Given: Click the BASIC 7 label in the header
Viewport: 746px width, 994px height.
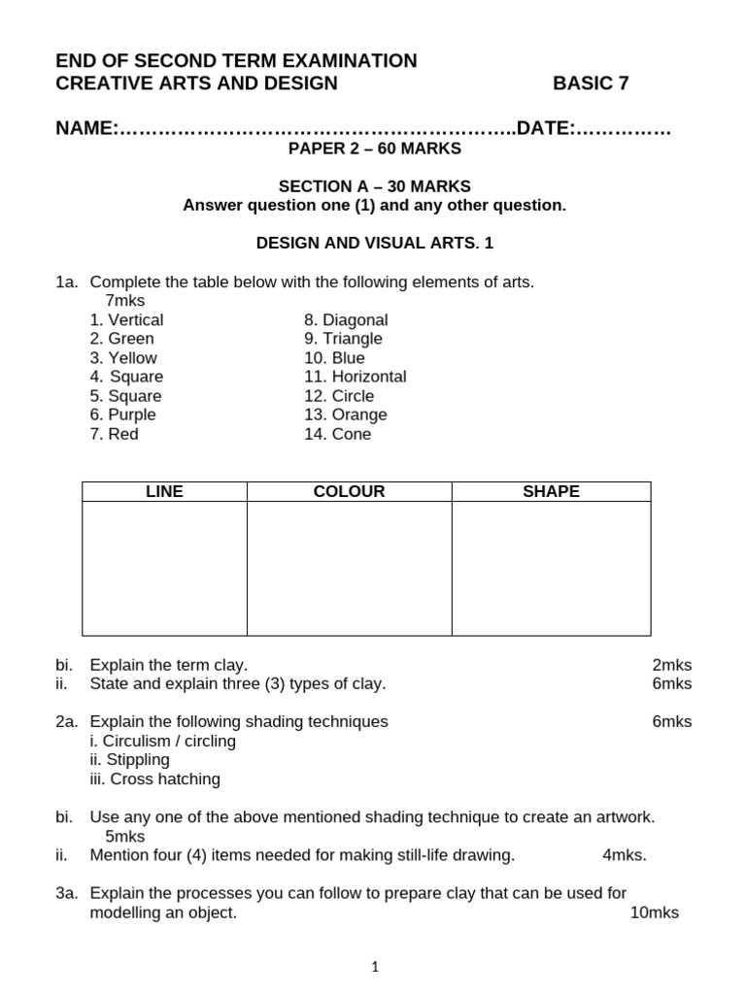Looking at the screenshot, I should point(591,83).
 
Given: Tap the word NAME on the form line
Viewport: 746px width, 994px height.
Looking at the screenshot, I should point(85,128).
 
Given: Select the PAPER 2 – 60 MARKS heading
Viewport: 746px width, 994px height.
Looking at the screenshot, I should point(374,149).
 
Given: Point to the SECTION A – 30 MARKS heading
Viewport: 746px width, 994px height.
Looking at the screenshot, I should point(374,186).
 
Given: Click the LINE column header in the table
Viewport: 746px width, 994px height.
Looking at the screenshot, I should point(164,492).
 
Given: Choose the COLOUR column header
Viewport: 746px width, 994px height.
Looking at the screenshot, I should point(349,492).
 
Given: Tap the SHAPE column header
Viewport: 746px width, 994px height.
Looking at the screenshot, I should point(551,492).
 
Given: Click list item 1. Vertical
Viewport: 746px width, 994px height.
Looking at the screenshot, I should point(126,320).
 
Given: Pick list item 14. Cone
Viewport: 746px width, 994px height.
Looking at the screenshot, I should point(337,434).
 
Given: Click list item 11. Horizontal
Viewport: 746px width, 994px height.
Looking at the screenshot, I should point(355,377).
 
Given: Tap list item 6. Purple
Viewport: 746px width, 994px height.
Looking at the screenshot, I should point(122,414).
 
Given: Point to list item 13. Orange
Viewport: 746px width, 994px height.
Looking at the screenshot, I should point(345,414).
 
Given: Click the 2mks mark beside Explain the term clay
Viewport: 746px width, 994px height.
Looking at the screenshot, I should point(671,665).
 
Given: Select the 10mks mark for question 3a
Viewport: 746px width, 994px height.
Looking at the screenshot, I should point(654,912).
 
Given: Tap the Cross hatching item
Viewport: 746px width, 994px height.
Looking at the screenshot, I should point(154,779).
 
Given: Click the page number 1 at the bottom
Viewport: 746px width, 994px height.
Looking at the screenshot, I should point(375,967).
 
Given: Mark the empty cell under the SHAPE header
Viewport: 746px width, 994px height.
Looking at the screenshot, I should point(551,568).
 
